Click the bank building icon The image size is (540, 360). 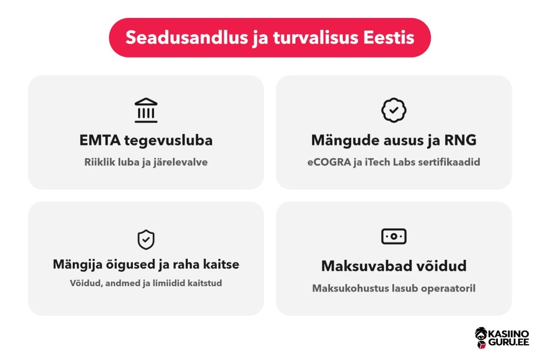point(146,110)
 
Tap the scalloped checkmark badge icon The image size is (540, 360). point(393,110)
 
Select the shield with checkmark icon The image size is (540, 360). point(146,239)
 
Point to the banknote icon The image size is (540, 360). point(393,237)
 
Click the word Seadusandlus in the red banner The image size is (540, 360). point(187,37)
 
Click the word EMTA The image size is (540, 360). point(100,140)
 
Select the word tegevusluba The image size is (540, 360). point(168,141)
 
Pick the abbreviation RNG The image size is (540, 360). point(460,140)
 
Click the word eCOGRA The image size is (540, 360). point(329,162)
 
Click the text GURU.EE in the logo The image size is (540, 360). point(509,342)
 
